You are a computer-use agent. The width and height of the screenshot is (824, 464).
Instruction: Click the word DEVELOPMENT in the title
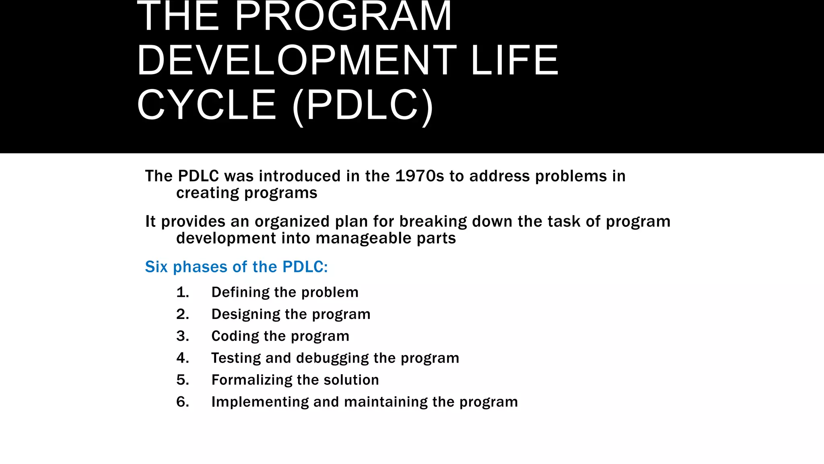297,61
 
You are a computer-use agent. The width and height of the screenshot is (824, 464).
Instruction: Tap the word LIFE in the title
515,61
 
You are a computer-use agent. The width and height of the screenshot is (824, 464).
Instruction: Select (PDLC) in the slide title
363,106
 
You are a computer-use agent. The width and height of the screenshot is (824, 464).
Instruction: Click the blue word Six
156,267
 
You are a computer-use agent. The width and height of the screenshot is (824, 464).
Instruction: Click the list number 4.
182,358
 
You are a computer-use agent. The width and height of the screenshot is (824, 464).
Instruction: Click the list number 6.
182,402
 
